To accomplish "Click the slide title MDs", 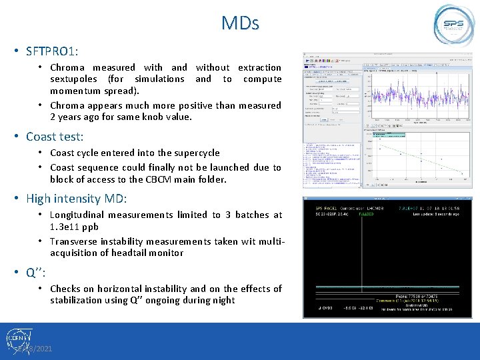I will click(240, 23).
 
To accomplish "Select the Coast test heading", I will click(55, 137).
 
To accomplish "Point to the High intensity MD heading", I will click(76, 198).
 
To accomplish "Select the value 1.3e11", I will click(67, 227).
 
